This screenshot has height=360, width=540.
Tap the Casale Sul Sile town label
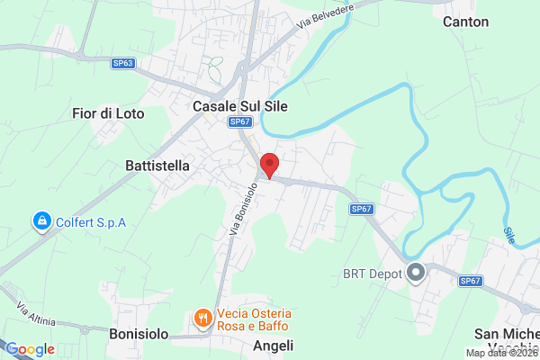(240, 106)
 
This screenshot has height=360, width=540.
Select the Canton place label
(466, 22)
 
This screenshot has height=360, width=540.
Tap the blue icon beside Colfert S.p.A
(40, 220)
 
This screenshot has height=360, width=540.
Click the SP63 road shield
(123, 63)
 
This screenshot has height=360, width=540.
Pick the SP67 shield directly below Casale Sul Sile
(238, 121)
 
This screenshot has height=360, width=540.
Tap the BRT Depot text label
(372, 272)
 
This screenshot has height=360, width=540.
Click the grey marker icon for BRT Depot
(416, 272)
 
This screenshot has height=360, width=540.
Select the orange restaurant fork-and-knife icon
(202, 318)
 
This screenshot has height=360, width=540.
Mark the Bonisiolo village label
(139, 334)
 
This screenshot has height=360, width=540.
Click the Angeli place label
(274, 346)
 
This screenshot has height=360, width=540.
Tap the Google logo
(31, 349)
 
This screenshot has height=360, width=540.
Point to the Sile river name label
(511, 236)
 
